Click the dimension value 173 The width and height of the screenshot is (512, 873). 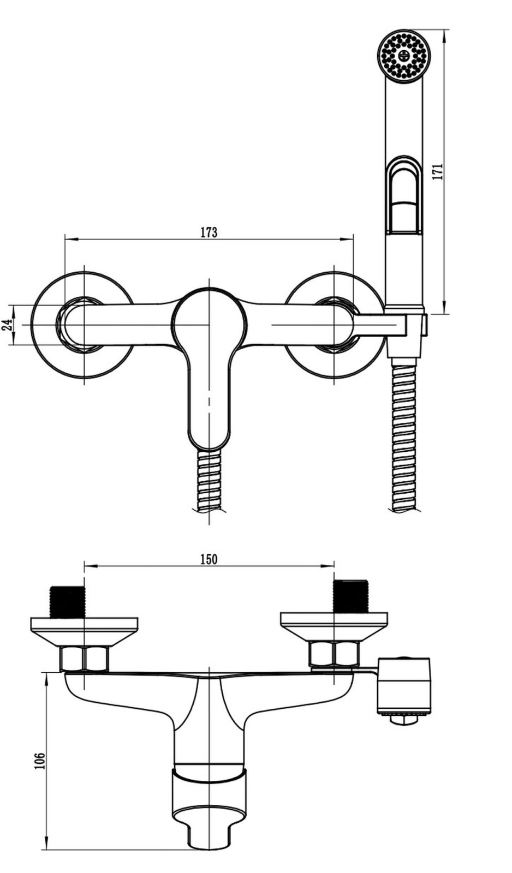(x=209, y=232)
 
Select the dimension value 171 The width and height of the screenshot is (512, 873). (x=438, y=171)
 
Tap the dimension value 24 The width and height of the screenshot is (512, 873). (x=7, y=325)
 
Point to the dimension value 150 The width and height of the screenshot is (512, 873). (x=209, y=559)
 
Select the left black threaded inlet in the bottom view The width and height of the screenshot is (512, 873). (x=68, y=601)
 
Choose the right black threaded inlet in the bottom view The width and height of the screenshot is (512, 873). (x=350, y=596)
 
